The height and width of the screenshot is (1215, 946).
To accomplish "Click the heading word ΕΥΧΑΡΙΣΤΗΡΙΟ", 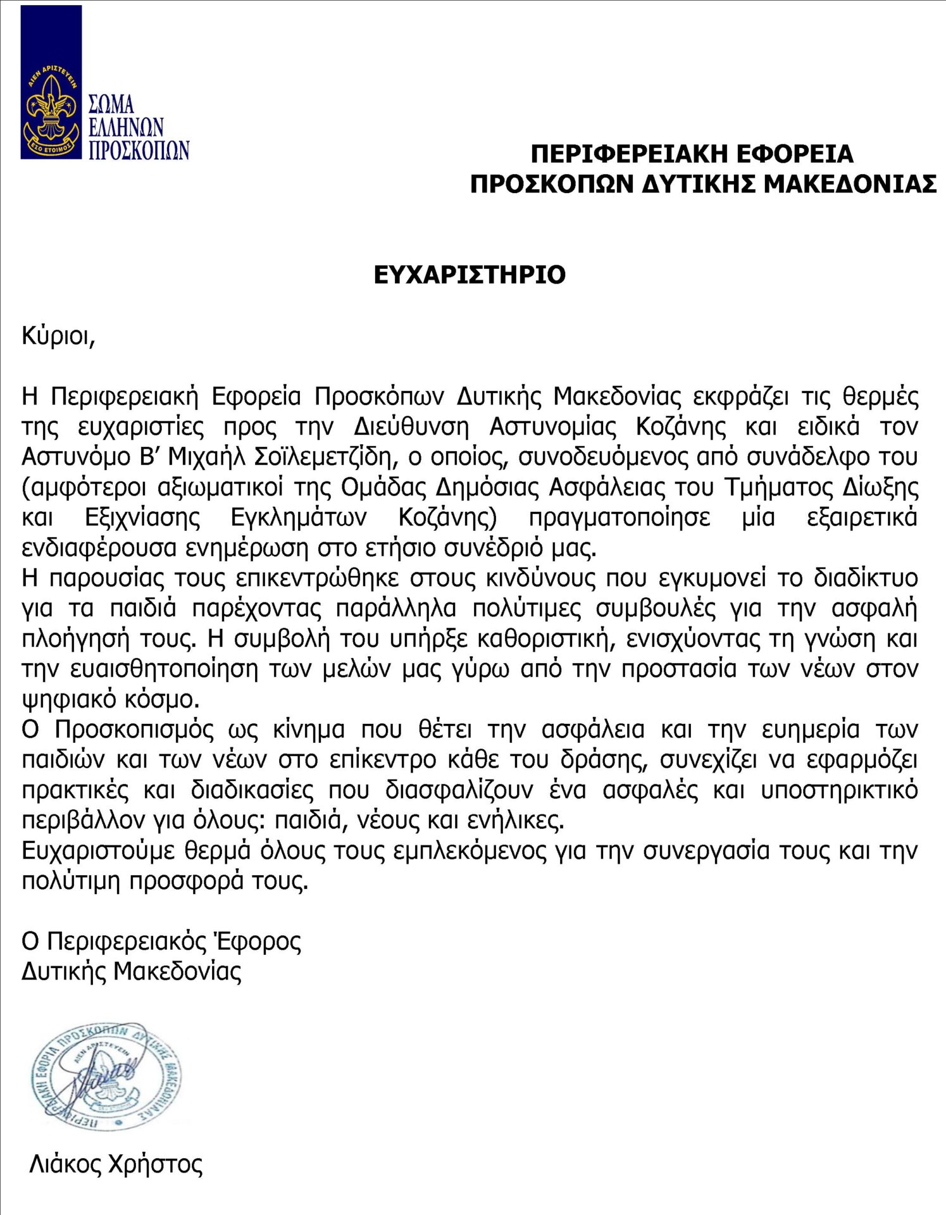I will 470,275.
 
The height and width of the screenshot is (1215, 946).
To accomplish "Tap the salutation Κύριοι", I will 58,336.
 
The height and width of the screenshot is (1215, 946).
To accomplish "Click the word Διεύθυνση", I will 411,427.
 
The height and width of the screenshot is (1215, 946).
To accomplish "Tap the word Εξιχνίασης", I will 143,518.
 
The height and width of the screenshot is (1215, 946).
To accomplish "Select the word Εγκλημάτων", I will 299,518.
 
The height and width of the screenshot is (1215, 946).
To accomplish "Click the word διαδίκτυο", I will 866,578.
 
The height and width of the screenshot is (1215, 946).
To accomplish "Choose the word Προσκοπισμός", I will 134,730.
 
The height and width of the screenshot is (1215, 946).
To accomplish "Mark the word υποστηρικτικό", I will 839,790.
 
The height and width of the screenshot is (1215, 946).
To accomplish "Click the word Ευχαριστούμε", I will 98,851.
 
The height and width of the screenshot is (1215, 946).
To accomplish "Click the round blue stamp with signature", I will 106,1078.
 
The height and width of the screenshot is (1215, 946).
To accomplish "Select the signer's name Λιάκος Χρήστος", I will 116,1164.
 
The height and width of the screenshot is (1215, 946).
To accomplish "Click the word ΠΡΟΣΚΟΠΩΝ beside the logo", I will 139,151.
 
